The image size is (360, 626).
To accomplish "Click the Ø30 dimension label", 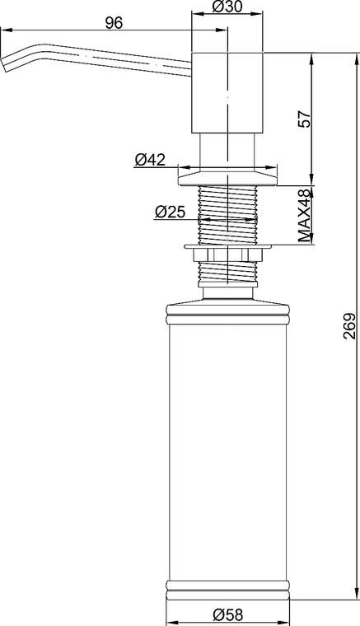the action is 227,7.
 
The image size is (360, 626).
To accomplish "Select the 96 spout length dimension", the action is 114,24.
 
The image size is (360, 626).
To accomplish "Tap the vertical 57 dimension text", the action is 305,119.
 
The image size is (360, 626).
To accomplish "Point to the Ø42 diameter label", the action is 150,160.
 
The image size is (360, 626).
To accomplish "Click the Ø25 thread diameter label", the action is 170,212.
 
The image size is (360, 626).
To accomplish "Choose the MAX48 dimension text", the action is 305,216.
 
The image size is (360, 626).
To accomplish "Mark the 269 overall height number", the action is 349,326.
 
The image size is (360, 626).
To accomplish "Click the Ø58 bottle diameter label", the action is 227,614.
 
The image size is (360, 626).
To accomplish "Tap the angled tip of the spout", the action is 5,64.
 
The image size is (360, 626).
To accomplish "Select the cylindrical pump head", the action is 227,92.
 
